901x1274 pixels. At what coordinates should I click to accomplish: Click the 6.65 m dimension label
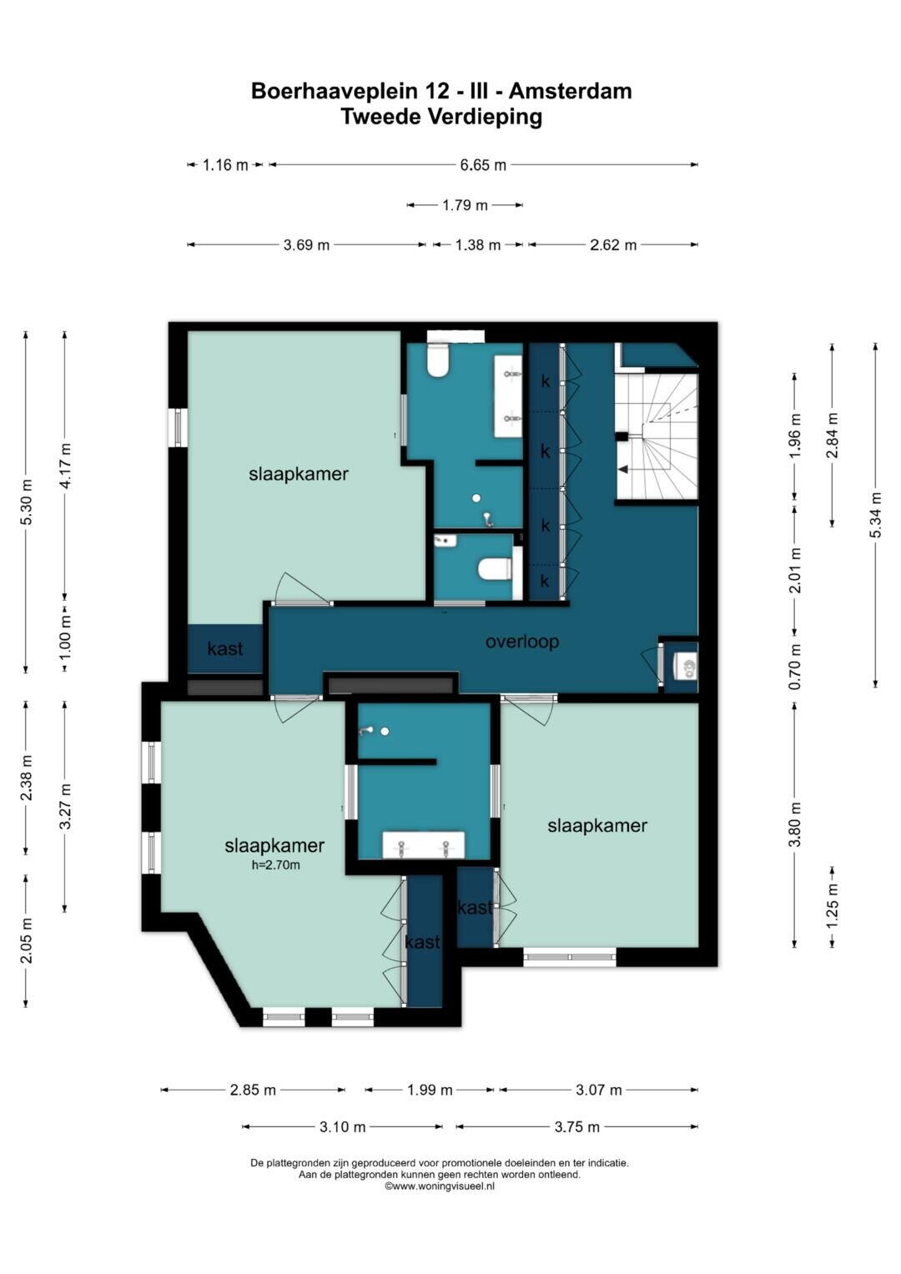(x=483, y=165)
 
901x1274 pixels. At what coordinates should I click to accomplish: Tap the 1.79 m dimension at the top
(x=465, y=204)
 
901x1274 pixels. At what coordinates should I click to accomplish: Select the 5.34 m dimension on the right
(x=875, y=515)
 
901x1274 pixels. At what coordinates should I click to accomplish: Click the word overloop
(x=521, y=642)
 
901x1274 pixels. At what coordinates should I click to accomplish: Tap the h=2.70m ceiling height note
(x=275, y=866)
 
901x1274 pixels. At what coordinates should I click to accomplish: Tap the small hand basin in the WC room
(x=445, y=540)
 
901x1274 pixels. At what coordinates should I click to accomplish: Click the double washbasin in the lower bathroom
(x=423, y=845)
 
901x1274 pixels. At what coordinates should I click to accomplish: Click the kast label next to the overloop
(x=225, y=648)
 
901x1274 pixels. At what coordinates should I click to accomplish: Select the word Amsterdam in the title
(x=570, y=91)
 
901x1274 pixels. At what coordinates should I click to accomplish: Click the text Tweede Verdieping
(x=441, y=117)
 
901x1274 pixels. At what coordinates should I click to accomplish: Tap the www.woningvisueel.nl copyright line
(x=440, y=1186)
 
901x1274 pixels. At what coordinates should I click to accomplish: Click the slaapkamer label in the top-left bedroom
(x=299, y=474)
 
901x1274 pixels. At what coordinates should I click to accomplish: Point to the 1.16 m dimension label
(x=225, y=165)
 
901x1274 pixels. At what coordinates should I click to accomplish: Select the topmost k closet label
(x=546, y=381)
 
